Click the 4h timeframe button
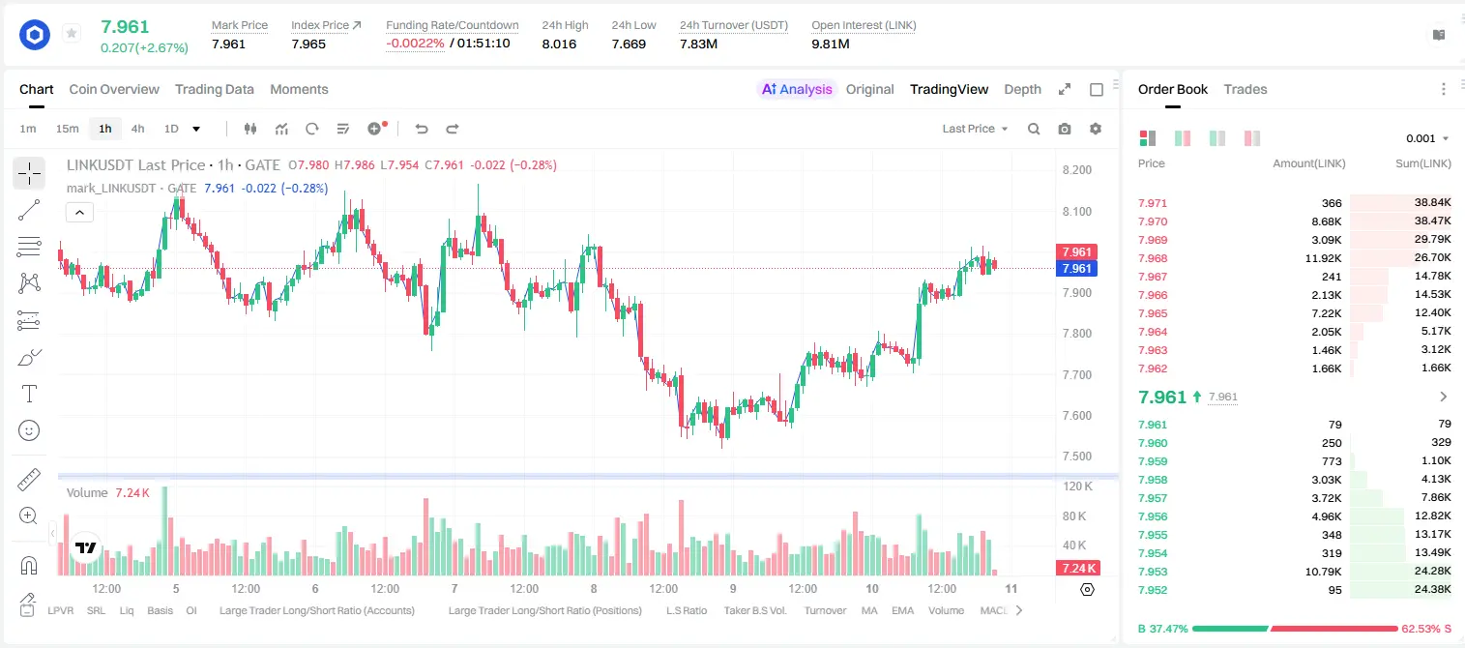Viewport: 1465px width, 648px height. pos(137,129)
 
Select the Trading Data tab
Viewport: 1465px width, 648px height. pos(214,89)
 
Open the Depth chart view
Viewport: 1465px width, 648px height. pos(1022,89)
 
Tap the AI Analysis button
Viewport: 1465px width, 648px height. pos(797,89)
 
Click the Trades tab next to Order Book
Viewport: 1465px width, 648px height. pos(1245,89)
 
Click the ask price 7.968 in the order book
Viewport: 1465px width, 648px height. pos(1153,258)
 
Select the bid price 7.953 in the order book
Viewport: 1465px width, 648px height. pos(1153,572)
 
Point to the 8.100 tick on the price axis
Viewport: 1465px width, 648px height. pos(1077,211)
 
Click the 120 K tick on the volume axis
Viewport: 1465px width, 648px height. pos(1077,486)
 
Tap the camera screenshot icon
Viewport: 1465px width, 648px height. pos(1065,129)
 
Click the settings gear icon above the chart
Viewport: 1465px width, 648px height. pos(1096,129)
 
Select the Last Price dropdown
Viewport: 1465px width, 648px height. pos(975,129)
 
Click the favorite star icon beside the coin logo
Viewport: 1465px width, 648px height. pos(72,33)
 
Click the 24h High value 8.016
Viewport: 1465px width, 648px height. pos(559,44)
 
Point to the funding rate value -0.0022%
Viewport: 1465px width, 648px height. pos(415,44)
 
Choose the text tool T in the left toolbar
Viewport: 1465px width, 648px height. pos(29,394)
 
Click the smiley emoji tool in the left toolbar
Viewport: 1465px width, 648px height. pos(29,430)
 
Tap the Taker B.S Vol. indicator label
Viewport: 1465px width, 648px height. pos(754,610)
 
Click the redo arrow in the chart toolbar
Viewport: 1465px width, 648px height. pos(452,129)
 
